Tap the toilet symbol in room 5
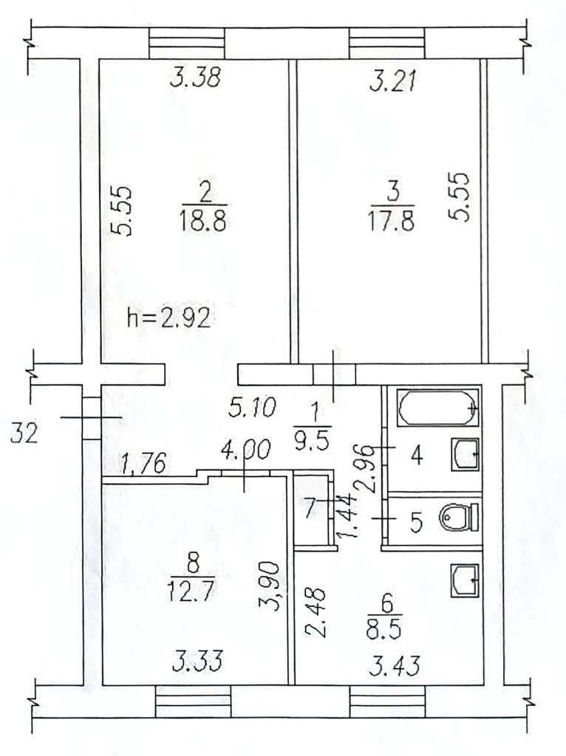tap(459, 518)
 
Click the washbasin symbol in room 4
tap(466, 454)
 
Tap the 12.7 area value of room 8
tap(191, 590)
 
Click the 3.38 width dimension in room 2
tap(196, 77)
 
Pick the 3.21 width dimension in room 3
tap(393, 80)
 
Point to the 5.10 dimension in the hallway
tap(253, 408)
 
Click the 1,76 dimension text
tap(144, 463)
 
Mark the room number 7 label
tap(310, 507)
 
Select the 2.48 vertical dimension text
tap(316, 612)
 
